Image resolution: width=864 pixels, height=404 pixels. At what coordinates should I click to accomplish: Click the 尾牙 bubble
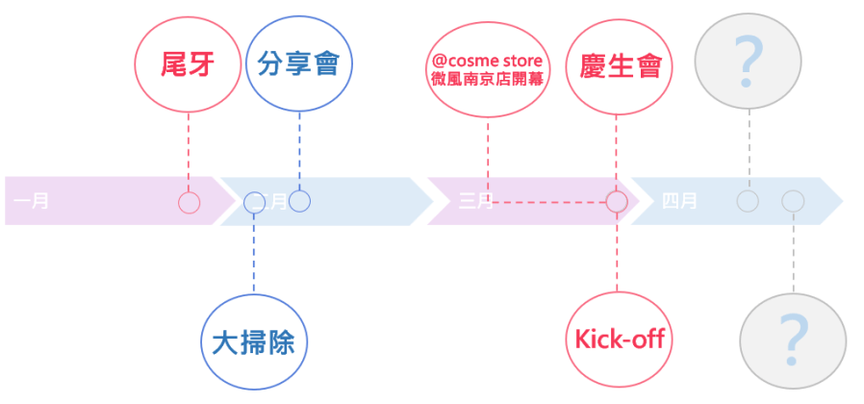click(188, 65)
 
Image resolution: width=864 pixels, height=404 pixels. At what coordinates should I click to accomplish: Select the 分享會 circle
click(298, 65)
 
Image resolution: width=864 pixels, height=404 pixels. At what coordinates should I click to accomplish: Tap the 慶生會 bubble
click(618, 65)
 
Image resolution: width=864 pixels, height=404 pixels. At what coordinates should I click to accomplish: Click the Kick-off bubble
click(618, 339)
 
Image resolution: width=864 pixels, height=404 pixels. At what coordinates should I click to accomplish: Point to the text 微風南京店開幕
click(488, 79)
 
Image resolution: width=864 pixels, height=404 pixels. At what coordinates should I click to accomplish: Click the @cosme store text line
click(488, 61)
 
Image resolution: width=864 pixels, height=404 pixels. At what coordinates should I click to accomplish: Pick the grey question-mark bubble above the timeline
click(748, 61)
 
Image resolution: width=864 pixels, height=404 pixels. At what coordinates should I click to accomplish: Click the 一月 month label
click(33, 202)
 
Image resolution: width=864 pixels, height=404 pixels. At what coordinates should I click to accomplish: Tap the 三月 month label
click(475, 202)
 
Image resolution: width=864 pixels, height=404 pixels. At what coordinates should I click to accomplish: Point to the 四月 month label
click(680, 202)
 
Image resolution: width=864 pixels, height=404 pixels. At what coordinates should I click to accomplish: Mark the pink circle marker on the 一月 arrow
click(189, 202)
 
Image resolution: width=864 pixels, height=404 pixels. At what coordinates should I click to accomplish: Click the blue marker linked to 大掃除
click(254, 202)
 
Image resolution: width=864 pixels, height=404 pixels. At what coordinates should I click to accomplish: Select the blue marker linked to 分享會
click(299, 201)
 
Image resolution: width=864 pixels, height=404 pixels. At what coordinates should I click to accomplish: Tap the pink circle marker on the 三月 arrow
click(617, 202)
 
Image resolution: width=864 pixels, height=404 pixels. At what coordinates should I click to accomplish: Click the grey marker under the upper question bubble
click(748, 202)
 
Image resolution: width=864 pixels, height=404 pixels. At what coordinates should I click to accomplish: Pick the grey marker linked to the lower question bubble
click(793, 202)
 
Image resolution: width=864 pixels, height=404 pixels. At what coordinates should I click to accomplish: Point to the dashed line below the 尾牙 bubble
click(189, 149)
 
